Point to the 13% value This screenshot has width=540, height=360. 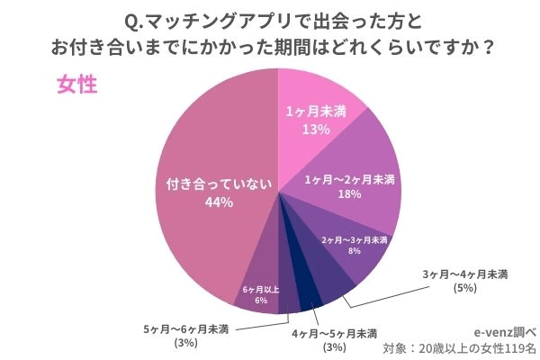click(x=316, y=130)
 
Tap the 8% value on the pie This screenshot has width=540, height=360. click(x=355, y=253)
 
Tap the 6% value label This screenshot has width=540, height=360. click(x=260, y=301)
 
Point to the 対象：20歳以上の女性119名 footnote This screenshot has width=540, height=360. click(x=459, y=347)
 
